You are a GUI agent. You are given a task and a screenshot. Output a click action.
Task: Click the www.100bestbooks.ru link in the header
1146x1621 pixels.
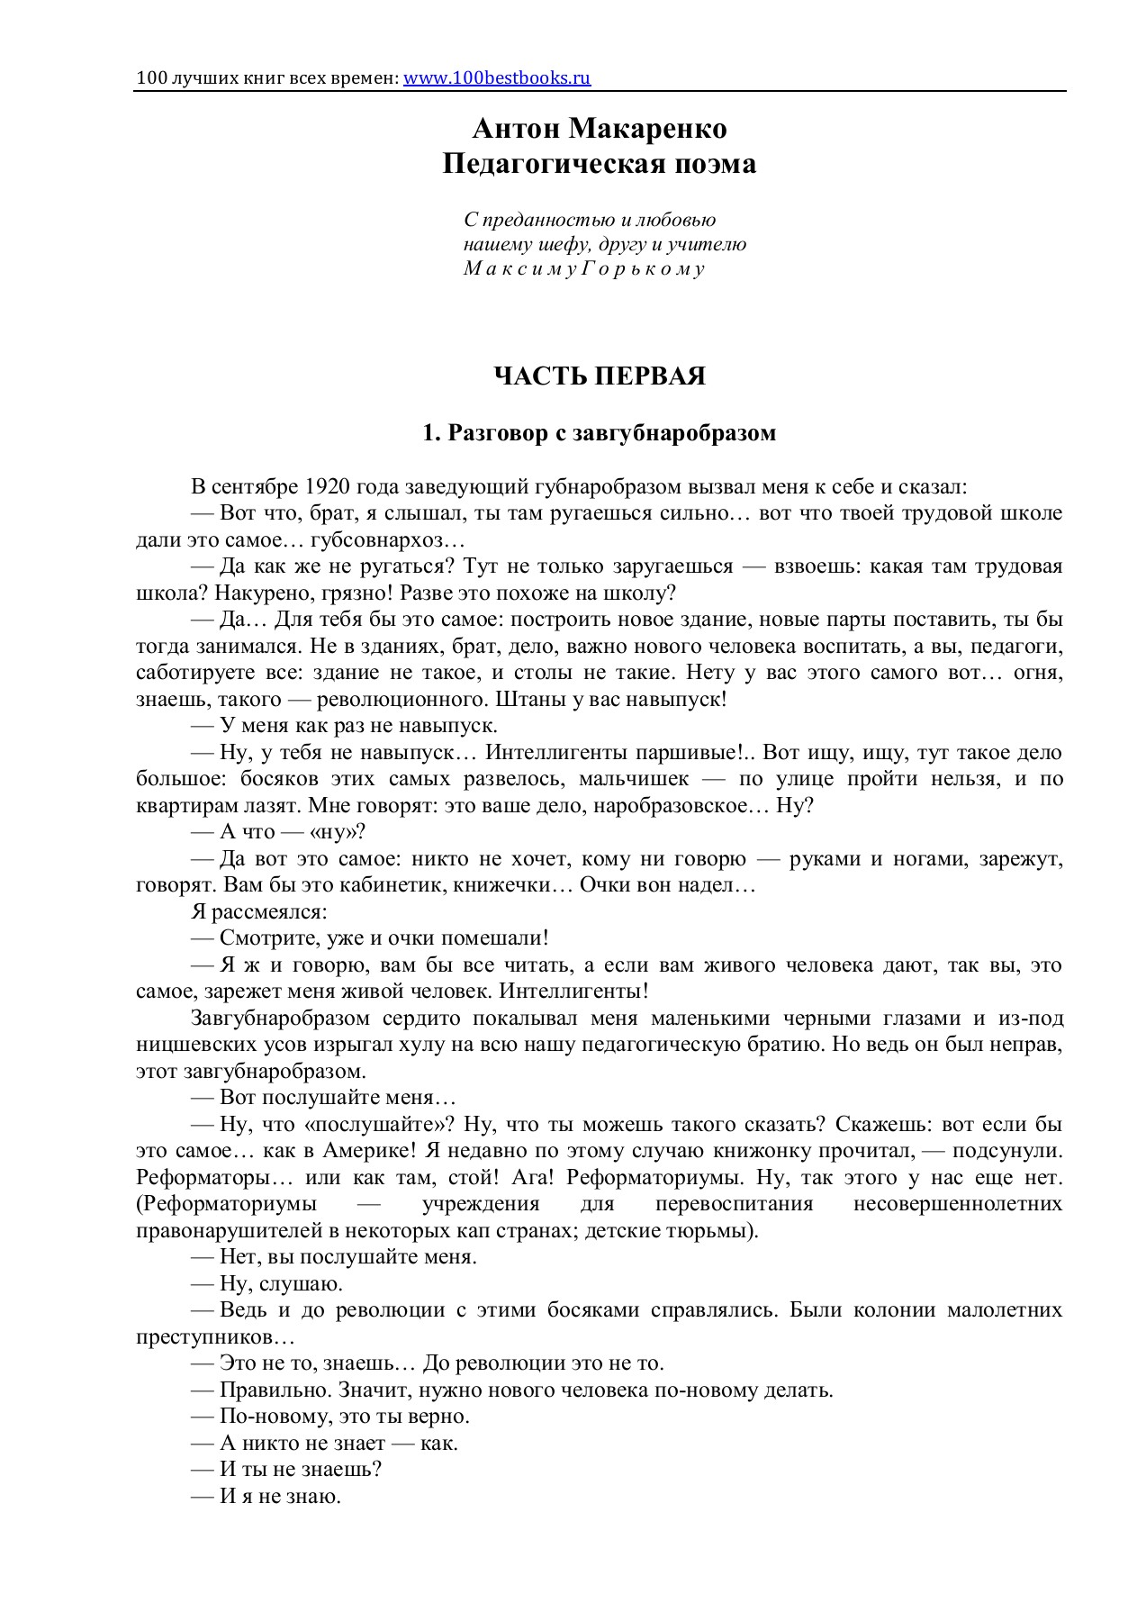(x=497, y=77)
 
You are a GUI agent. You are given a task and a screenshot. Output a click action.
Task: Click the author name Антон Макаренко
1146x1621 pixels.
(x=600, y=129)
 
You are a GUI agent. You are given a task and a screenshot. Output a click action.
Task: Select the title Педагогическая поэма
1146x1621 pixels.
(x=600, y=165)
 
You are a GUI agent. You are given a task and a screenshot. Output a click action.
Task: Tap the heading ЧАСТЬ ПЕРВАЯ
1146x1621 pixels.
(x=600, y=376)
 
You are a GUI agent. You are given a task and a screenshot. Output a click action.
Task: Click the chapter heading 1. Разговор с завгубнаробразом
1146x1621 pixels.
(x=600, y=433)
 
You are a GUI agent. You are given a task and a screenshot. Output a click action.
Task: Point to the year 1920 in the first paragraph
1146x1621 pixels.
(x=329, y=487)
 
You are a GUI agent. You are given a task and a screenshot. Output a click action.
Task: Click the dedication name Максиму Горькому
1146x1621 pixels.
(x=584, y=269)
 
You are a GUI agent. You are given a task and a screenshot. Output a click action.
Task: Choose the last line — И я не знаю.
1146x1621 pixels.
(x=266, y=1496)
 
